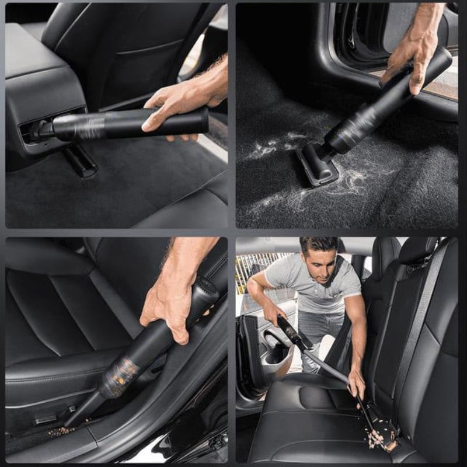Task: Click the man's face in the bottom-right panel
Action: [319, 264]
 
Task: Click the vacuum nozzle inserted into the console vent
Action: [41, 130]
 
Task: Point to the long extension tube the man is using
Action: [327, 365]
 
